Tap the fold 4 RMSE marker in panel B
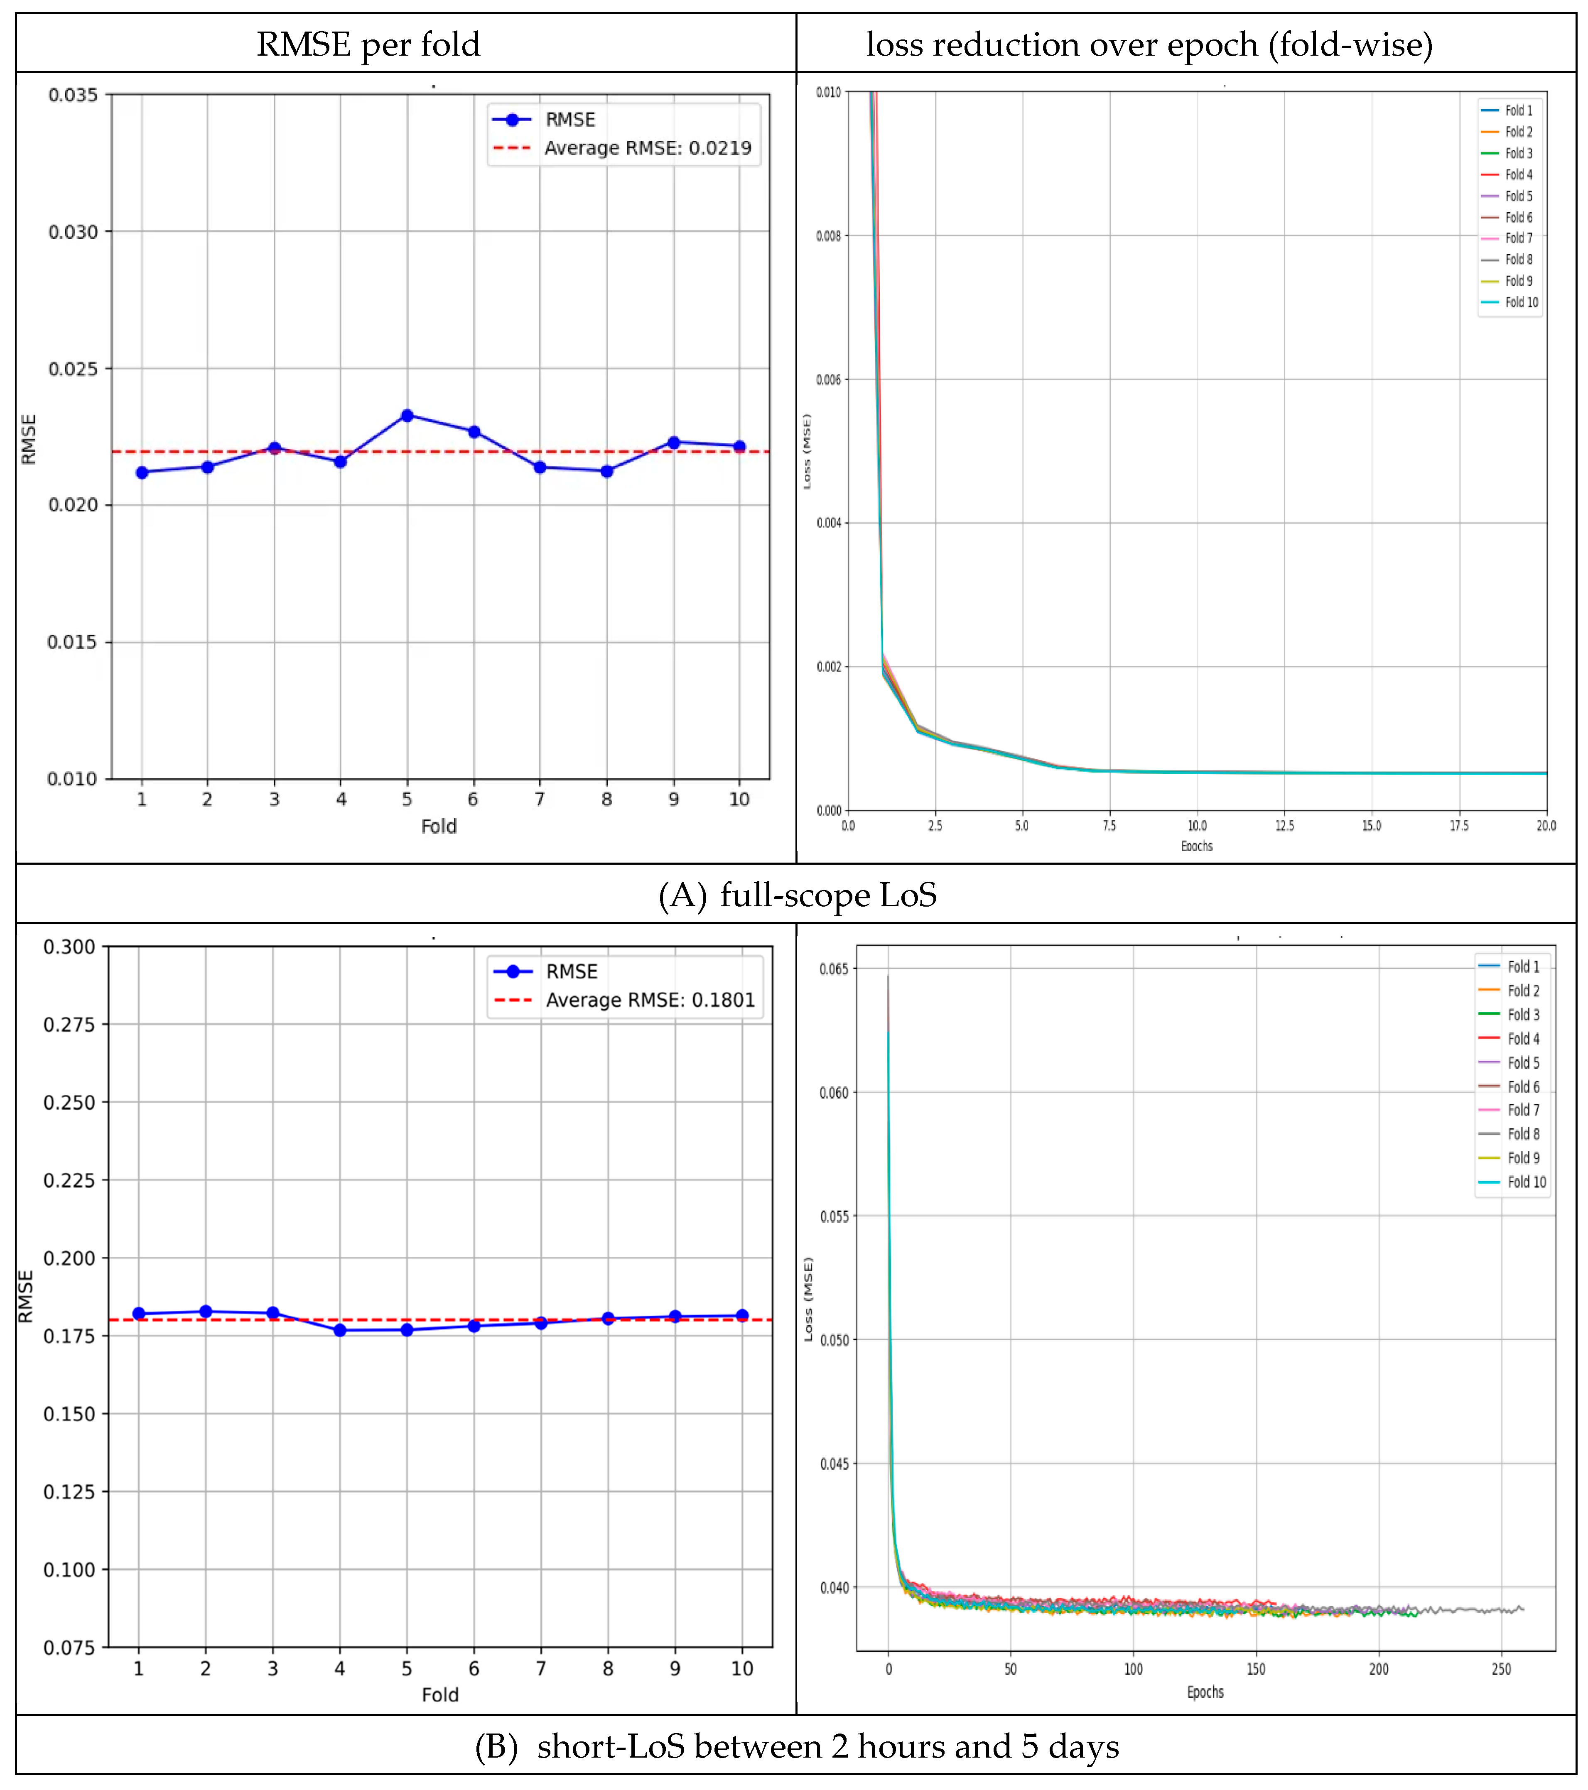(x=340, y=1330)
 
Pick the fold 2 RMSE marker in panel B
(x=206, y=1311)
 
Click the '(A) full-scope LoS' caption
(x=797, y=895)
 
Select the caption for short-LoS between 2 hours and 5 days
(x=797, y=1746)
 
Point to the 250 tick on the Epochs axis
(x=1501, y=1669)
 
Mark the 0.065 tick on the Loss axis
(x=834, y=969)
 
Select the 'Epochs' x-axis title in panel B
(x=1205, y=1692)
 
